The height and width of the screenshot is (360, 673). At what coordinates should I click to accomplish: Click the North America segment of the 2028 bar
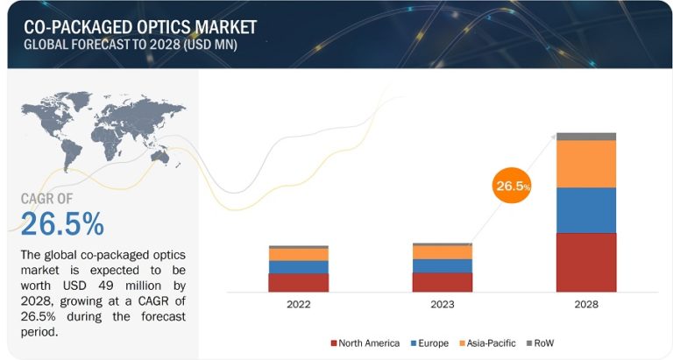[x=585, y=262]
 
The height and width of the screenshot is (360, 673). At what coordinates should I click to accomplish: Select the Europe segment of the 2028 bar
[x=585, y=210]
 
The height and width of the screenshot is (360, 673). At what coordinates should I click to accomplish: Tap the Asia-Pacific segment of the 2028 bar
[x=585, y=164]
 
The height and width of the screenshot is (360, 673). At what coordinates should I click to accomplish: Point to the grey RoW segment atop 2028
[x=585, y=137]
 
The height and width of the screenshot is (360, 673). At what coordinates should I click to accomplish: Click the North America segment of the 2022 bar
[x=298, y=282]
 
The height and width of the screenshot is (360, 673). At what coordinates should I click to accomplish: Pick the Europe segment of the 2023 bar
[x=442, y=265]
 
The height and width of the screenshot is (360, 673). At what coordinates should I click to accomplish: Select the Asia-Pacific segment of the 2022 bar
[x=298, y=254]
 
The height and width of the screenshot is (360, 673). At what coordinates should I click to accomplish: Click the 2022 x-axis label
[x=298, y=306]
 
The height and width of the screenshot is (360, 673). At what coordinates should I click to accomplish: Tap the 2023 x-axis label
[x=442, y=306]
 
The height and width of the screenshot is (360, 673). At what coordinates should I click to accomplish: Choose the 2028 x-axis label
[x=585, y=306]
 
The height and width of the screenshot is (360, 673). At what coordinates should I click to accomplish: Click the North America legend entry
[x=365, y=342]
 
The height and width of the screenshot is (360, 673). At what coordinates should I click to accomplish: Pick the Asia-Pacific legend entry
[x=488, y=342]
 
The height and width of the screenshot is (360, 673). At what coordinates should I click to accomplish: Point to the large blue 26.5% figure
[x=62, y=224]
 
